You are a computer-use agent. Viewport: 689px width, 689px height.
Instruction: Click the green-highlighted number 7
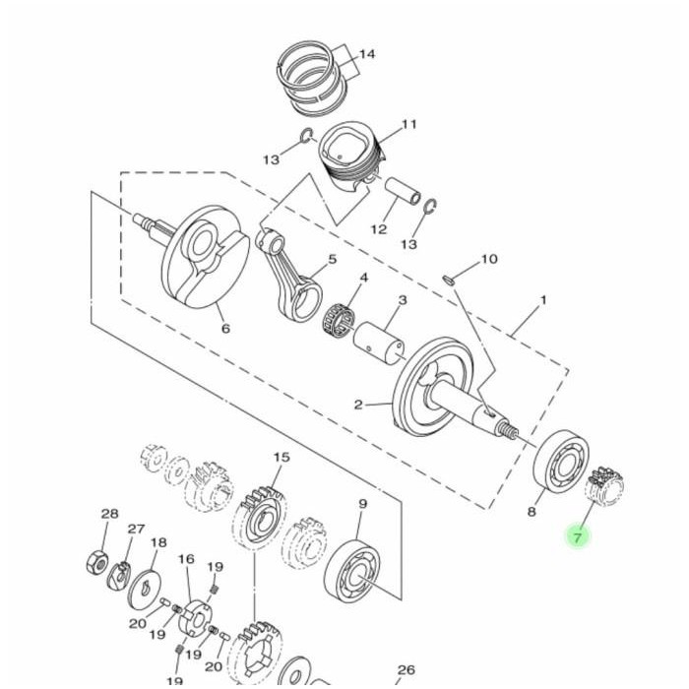(578, 537)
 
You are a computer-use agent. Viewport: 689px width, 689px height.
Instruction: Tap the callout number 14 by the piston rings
(367, 54)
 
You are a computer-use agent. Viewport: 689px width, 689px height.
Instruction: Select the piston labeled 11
(351, 156)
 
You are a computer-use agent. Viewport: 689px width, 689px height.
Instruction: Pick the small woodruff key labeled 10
(448, 279)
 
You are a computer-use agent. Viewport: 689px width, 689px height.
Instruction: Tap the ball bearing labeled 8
(561, 463)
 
